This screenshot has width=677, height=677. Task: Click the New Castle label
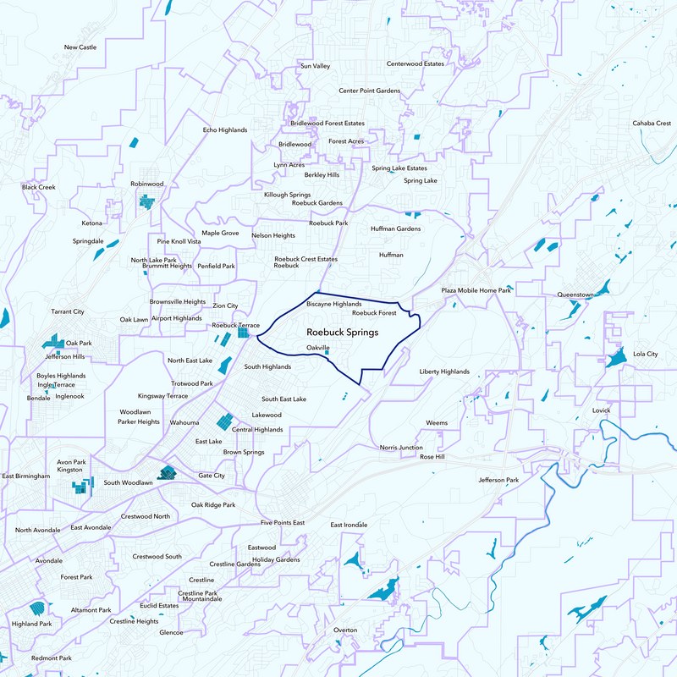point(80,47)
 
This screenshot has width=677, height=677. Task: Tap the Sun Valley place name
point(315,66)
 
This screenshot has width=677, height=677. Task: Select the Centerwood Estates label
point(416,63)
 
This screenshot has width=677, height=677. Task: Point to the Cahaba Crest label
point(651,123)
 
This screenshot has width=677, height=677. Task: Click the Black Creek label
point(38,187)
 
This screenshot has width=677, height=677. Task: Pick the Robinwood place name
point(146,184)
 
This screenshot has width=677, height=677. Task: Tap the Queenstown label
point(575,295)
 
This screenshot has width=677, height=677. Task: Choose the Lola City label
point(645,354)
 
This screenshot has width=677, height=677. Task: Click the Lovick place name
point(601,410)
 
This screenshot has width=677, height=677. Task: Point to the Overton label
point(345,630)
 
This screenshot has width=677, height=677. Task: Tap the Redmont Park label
point(51,658)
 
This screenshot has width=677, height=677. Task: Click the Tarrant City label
point(68,312)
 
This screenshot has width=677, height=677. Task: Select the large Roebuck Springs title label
point(342,333)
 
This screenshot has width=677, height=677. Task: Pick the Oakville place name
point(318,347)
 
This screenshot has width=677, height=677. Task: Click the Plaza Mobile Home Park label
point(476,290)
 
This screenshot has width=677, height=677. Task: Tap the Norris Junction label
point(401,447)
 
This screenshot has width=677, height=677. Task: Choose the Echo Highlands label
point(225,130)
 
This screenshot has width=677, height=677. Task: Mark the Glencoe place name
point(171,632)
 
